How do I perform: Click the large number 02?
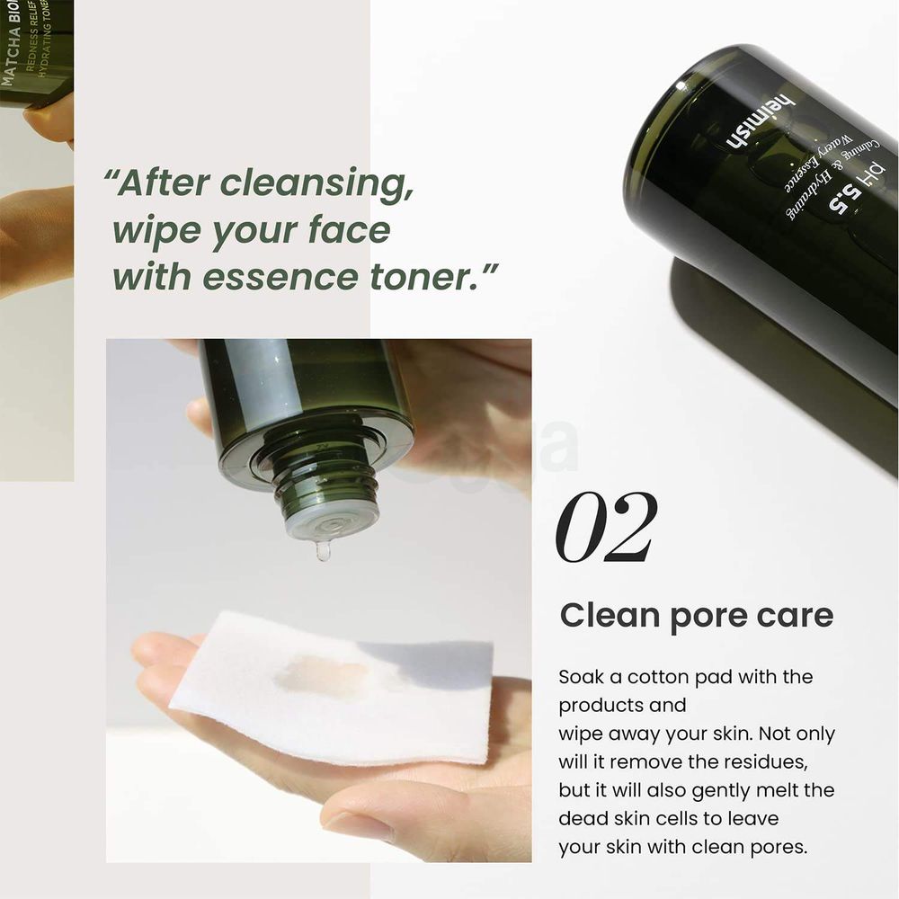click(607, 528)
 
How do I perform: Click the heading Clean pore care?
click(696, 617)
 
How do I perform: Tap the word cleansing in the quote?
click(316, 183)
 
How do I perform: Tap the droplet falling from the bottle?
click(323, 550)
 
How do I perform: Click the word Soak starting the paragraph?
click(582, 677)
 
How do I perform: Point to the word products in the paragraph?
click(600, 705)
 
